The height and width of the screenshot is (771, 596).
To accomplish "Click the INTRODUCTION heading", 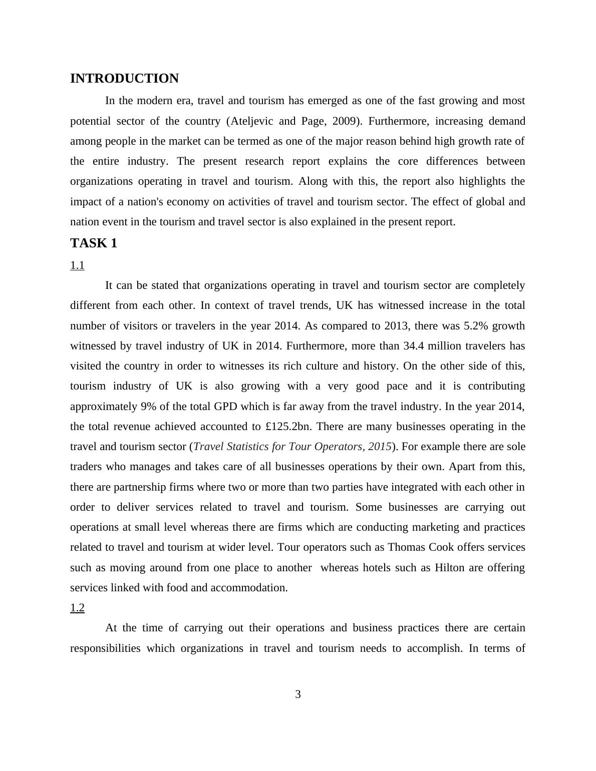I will [x=124, y=79].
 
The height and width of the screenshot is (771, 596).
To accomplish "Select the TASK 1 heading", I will [x=94, y=243].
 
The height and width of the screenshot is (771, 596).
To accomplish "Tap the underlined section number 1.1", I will [x=77, y=265].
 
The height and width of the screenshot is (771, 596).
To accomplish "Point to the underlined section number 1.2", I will [x=77, y=608].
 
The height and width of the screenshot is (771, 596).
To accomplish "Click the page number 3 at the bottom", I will [x=298, y=694].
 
